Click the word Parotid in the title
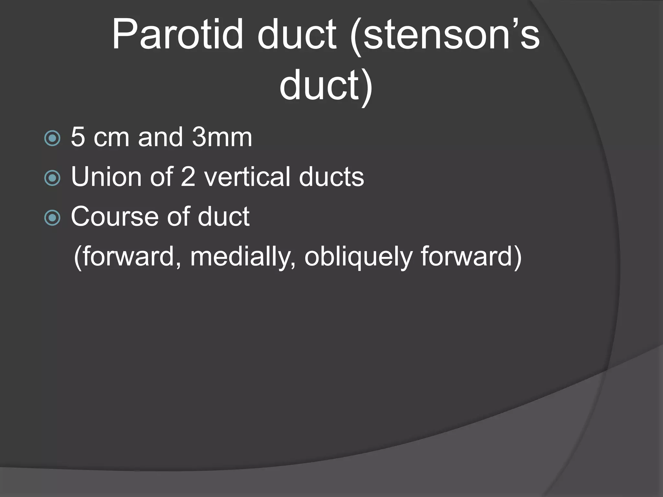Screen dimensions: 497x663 point(177,35)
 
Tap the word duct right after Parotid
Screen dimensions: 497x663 point(297,35)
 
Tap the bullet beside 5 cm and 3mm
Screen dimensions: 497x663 point(52,138)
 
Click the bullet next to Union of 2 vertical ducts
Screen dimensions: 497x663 point(52,178)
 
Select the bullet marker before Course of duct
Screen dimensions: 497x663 point(52,218)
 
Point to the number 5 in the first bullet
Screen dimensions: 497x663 point(78,137)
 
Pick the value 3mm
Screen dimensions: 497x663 point(222,137)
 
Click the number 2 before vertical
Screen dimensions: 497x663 point(188,177)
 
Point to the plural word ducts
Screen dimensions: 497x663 point(331,177)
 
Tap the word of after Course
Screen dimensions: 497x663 point(178,217)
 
